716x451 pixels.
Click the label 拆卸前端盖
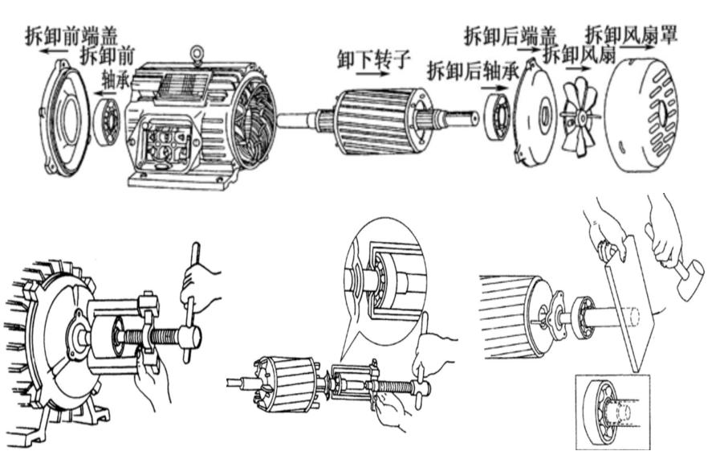(71, 35)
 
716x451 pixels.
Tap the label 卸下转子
(373, 59)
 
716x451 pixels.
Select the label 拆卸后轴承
(473, 71)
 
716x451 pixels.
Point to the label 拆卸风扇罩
(631, 34)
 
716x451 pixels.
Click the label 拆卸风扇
(580, 55)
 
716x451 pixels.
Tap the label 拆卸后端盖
(511, 35)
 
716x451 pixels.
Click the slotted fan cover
(641, 115)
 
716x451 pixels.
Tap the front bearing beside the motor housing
(107, 121)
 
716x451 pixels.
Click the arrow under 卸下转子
(372, 74)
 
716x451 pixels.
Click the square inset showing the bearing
(612, 412)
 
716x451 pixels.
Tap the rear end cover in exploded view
(535, 113)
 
